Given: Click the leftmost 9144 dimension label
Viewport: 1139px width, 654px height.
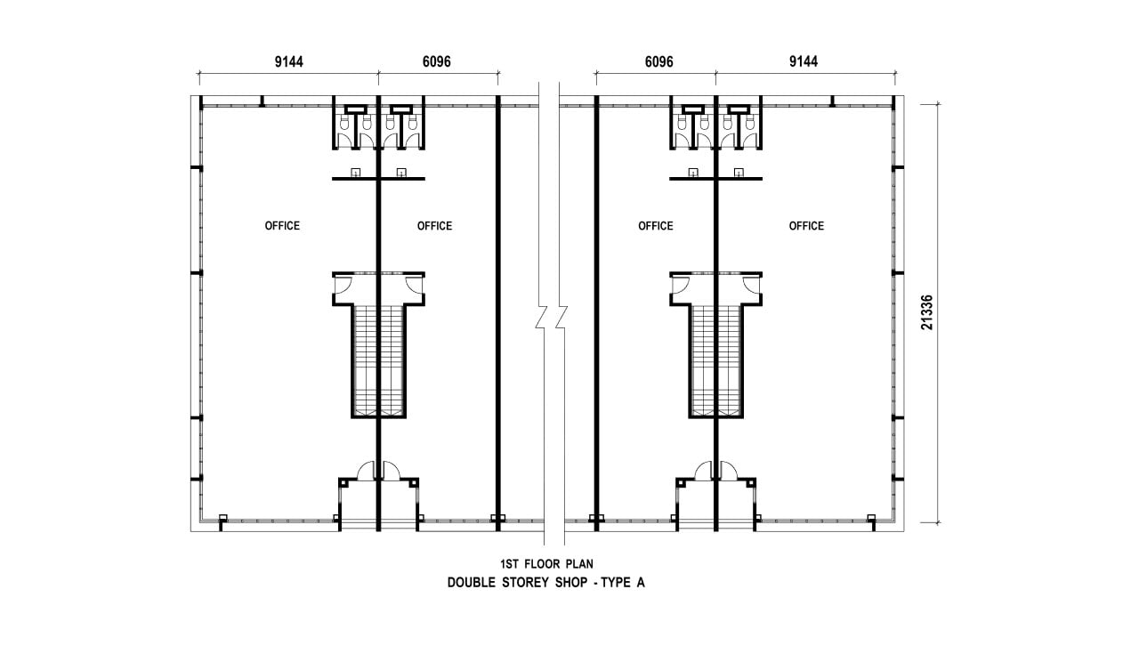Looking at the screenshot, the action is point(289,62).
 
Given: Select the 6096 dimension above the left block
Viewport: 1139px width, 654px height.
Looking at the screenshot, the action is point(436,62).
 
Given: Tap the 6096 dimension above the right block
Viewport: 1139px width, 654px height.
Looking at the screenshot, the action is point(659,62).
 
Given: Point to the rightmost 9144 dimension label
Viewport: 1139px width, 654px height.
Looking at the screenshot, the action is point(804,62).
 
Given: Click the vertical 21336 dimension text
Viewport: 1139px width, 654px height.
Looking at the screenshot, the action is point(927,312).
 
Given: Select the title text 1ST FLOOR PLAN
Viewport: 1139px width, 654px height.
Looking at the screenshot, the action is point(546,564).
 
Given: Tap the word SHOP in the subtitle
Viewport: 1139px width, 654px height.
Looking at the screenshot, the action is point(571,583).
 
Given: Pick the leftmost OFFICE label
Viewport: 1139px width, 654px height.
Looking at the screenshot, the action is point(282,226).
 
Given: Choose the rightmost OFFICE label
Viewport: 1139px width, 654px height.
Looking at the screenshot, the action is point(806,226).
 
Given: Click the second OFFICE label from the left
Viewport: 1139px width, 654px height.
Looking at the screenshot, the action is point(435,226).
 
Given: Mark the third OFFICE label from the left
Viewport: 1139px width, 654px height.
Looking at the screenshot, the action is point(656,226).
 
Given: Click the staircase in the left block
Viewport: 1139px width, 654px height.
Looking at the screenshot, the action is point(378,361).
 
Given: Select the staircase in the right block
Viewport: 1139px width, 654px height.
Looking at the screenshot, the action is point(716,361).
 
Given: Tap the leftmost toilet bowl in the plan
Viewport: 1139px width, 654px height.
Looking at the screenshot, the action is point(343,122).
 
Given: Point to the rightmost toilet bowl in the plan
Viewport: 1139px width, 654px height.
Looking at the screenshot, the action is point(751,122).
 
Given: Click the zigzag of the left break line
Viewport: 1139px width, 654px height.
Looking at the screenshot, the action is point(542,318).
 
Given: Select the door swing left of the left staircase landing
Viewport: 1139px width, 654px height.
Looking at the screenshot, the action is point(341,286).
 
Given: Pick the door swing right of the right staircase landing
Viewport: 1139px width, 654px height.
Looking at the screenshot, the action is point(752,286).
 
